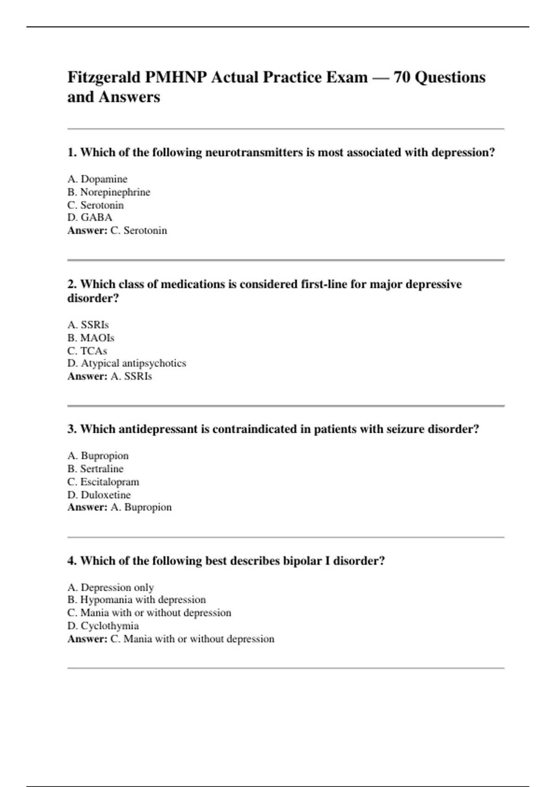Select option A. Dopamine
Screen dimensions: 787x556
coord(97,179)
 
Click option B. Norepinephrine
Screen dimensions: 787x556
coord(109,192)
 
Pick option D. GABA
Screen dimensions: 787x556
coord(90,218)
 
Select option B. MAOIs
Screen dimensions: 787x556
coord(91,338)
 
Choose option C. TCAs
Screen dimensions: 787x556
coord(87,351)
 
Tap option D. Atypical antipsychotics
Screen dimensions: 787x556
coord(126,363)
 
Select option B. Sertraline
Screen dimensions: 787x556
coord(95,469)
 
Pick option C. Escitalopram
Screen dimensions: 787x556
coord(103,482)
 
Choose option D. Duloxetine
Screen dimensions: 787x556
coord(99,495)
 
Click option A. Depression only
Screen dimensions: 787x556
coord(110,587)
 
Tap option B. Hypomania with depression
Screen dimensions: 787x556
coord(137,600)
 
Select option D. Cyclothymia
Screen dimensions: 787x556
coord(103,626)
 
